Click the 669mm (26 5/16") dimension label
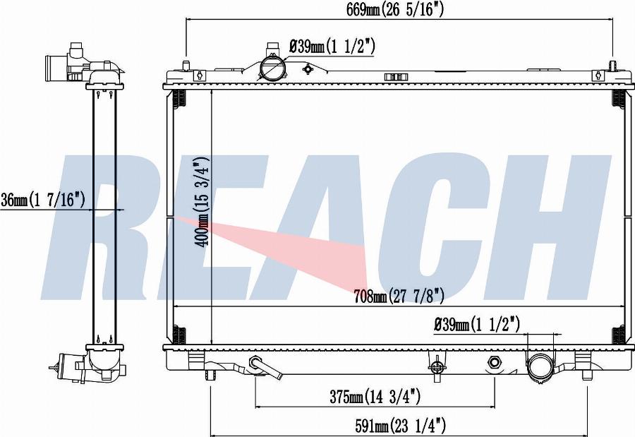(395, 10)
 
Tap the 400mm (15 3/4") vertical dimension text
(202, 201)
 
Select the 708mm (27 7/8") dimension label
(399, 296)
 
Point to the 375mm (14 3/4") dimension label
(375, 397)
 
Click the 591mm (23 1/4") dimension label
(401, 426)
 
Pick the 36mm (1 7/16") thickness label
(42, 200)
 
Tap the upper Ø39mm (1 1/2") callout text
(332, 47)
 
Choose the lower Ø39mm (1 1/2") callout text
(477, 325)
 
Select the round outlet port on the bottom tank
(540, 366)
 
